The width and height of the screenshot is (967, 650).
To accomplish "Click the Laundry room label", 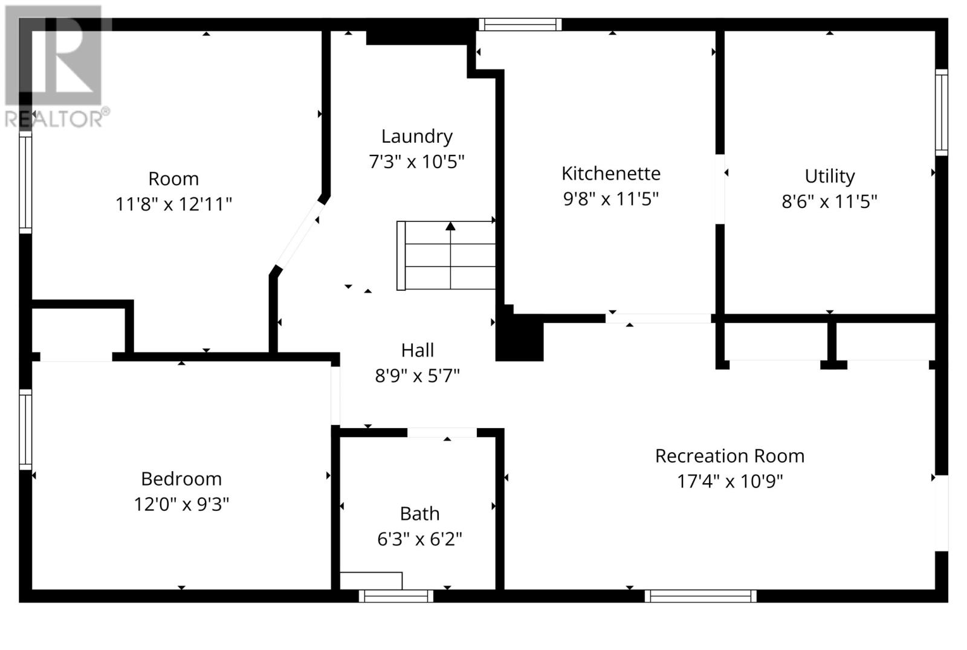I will [416, 137].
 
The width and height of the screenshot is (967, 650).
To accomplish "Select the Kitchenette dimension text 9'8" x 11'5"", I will [610, 198].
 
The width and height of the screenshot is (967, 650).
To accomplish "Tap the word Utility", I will [829, 176].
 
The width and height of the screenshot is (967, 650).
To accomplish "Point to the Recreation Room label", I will [729, 456].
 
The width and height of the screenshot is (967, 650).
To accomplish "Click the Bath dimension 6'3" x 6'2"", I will [419, 539].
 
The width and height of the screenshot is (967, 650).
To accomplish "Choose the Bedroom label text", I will [181, 479].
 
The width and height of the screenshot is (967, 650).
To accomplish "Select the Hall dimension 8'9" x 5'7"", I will [417, 376].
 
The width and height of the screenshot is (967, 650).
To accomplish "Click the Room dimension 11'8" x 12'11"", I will [173, 204].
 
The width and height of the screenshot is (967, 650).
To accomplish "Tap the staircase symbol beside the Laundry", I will [446, 255].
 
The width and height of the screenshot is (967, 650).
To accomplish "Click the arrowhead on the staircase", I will [450, 226].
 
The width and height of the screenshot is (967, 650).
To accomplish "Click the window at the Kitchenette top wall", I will [520, 25].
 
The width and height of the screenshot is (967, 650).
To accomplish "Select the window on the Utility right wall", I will [941, 112].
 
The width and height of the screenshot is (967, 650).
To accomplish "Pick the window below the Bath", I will [396, 596].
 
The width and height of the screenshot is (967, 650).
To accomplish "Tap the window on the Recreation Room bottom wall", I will [700, 596].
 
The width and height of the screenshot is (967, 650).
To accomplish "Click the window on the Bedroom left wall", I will [25, 429].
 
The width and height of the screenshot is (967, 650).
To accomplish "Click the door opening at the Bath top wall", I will [442, 432].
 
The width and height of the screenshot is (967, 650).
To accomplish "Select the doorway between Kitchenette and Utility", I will [720, 189].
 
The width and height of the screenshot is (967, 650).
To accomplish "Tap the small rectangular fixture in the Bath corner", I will [370, 580].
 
